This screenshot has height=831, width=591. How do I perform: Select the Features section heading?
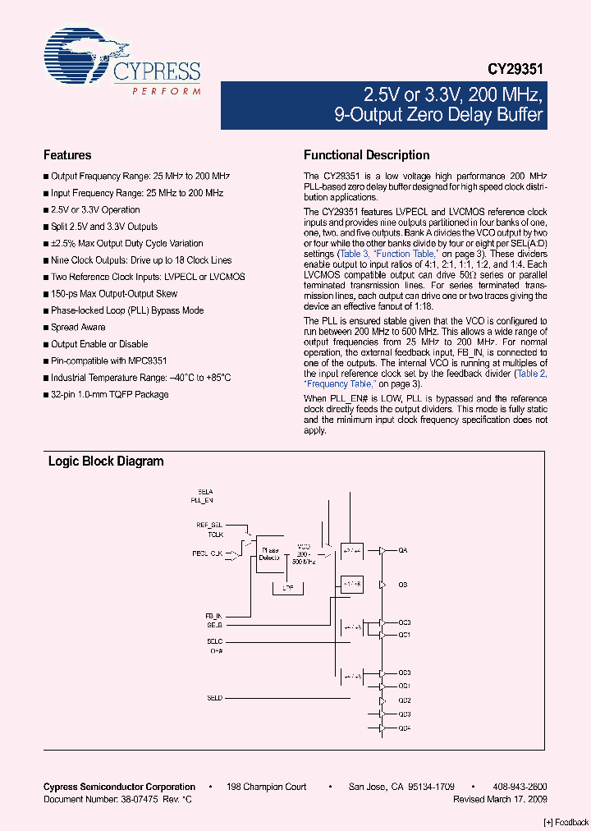coord(67,155)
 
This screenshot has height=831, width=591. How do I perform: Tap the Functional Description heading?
coord(366,155)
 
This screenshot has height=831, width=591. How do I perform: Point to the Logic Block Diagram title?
coord(106,461)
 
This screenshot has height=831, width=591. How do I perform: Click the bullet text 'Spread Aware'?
coord(78,328)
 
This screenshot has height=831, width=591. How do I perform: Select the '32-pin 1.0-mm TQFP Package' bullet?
coord(109,395)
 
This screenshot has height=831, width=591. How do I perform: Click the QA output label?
coord(403,550)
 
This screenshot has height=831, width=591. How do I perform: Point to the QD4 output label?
coord(405,728)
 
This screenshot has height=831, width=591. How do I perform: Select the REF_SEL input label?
coord(209,524)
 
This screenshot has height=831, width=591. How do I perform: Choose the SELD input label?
coord(215,698)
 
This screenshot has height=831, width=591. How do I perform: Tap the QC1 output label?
coord(405,635)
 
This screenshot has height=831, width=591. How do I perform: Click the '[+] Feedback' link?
coord(566,822)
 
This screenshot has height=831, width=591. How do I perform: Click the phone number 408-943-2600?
coord(520,787)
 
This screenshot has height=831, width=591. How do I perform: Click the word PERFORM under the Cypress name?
coord(167,92)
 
